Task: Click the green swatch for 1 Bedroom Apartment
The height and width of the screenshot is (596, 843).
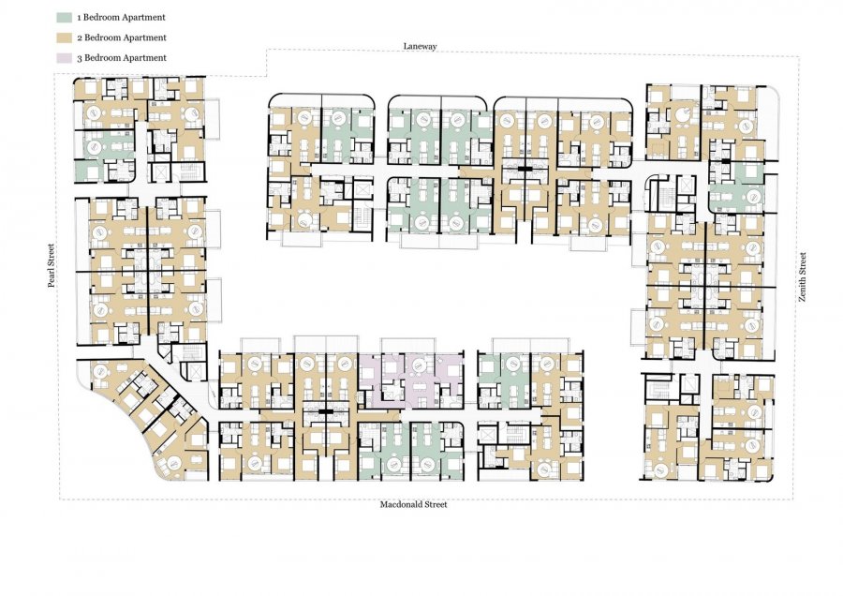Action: click(64, 17)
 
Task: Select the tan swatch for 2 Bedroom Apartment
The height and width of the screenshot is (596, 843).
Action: click(64, 37)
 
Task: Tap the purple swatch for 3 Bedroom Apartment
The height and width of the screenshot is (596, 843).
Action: click(64, 57)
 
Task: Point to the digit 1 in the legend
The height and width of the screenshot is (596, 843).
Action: click(80, 18)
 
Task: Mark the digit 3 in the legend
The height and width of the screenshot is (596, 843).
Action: click(80, 58)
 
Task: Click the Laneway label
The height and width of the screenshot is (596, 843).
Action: click(421, 46)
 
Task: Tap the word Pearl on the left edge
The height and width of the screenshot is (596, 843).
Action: click(52, 276)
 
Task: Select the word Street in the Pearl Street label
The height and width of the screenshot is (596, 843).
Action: click(52, 255)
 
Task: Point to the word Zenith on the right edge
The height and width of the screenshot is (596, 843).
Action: click(804, 291)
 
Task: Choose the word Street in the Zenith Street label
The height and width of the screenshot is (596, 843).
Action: click(804, 263)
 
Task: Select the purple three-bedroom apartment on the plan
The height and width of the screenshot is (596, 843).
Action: click(411, 380)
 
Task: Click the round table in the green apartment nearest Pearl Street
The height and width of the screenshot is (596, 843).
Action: click(93, 146)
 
